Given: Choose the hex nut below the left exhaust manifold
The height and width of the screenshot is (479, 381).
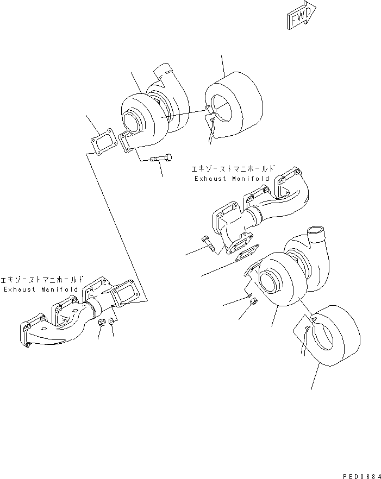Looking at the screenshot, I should click(x=101, y=324).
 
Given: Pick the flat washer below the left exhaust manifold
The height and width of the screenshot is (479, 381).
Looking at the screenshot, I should click(x=111, y=323).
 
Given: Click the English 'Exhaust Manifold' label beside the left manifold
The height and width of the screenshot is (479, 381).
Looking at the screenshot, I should click(x=40, y=289).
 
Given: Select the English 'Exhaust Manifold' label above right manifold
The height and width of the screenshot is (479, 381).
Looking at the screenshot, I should click(x=230, y=179).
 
